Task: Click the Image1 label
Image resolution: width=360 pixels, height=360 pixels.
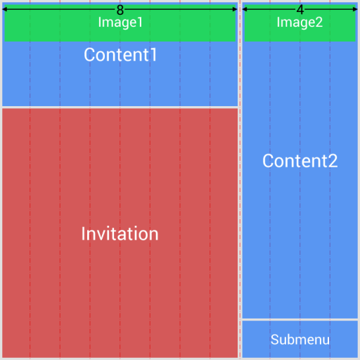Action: click(x=120, y=22)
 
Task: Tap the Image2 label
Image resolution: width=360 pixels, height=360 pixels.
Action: click(x=300, y=22)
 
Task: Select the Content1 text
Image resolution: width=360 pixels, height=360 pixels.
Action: click(x=120, y=55)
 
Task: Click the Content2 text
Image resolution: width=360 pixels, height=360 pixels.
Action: click(x=300, y=161)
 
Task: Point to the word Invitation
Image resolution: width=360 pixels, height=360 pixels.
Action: click(x=120, y=234)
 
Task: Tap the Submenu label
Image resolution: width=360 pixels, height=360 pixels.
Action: click(x=300, y=340)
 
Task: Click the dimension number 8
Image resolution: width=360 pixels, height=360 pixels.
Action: click(x=120, y=10)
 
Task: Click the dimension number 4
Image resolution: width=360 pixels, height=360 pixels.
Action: click(x=300, y=10)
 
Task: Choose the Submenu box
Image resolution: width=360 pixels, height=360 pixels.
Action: click(x=300, y=340)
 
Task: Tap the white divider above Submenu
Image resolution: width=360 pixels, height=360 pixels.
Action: click(x=300, y=320)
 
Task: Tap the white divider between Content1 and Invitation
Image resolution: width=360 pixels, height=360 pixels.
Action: click(x=120, y=107)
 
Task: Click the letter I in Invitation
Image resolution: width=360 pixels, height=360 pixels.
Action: click(x=84, y=234)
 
